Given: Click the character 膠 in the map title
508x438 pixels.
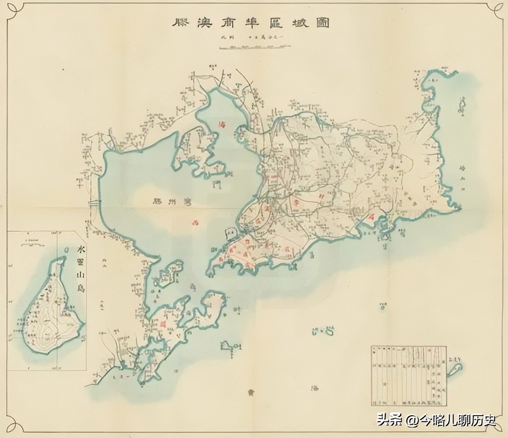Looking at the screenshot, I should (x=180, y=23).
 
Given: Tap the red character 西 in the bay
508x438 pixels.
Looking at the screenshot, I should (x=196, y=223).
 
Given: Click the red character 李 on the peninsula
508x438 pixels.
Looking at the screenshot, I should (x=296, y=202).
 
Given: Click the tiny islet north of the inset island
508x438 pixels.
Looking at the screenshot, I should (x=66, y=249).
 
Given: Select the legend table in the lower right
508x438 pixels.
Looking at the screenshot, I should (x=409, y=376).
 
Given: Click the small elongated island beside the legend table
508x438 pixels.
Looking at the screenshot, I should (x=455, y=367).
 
